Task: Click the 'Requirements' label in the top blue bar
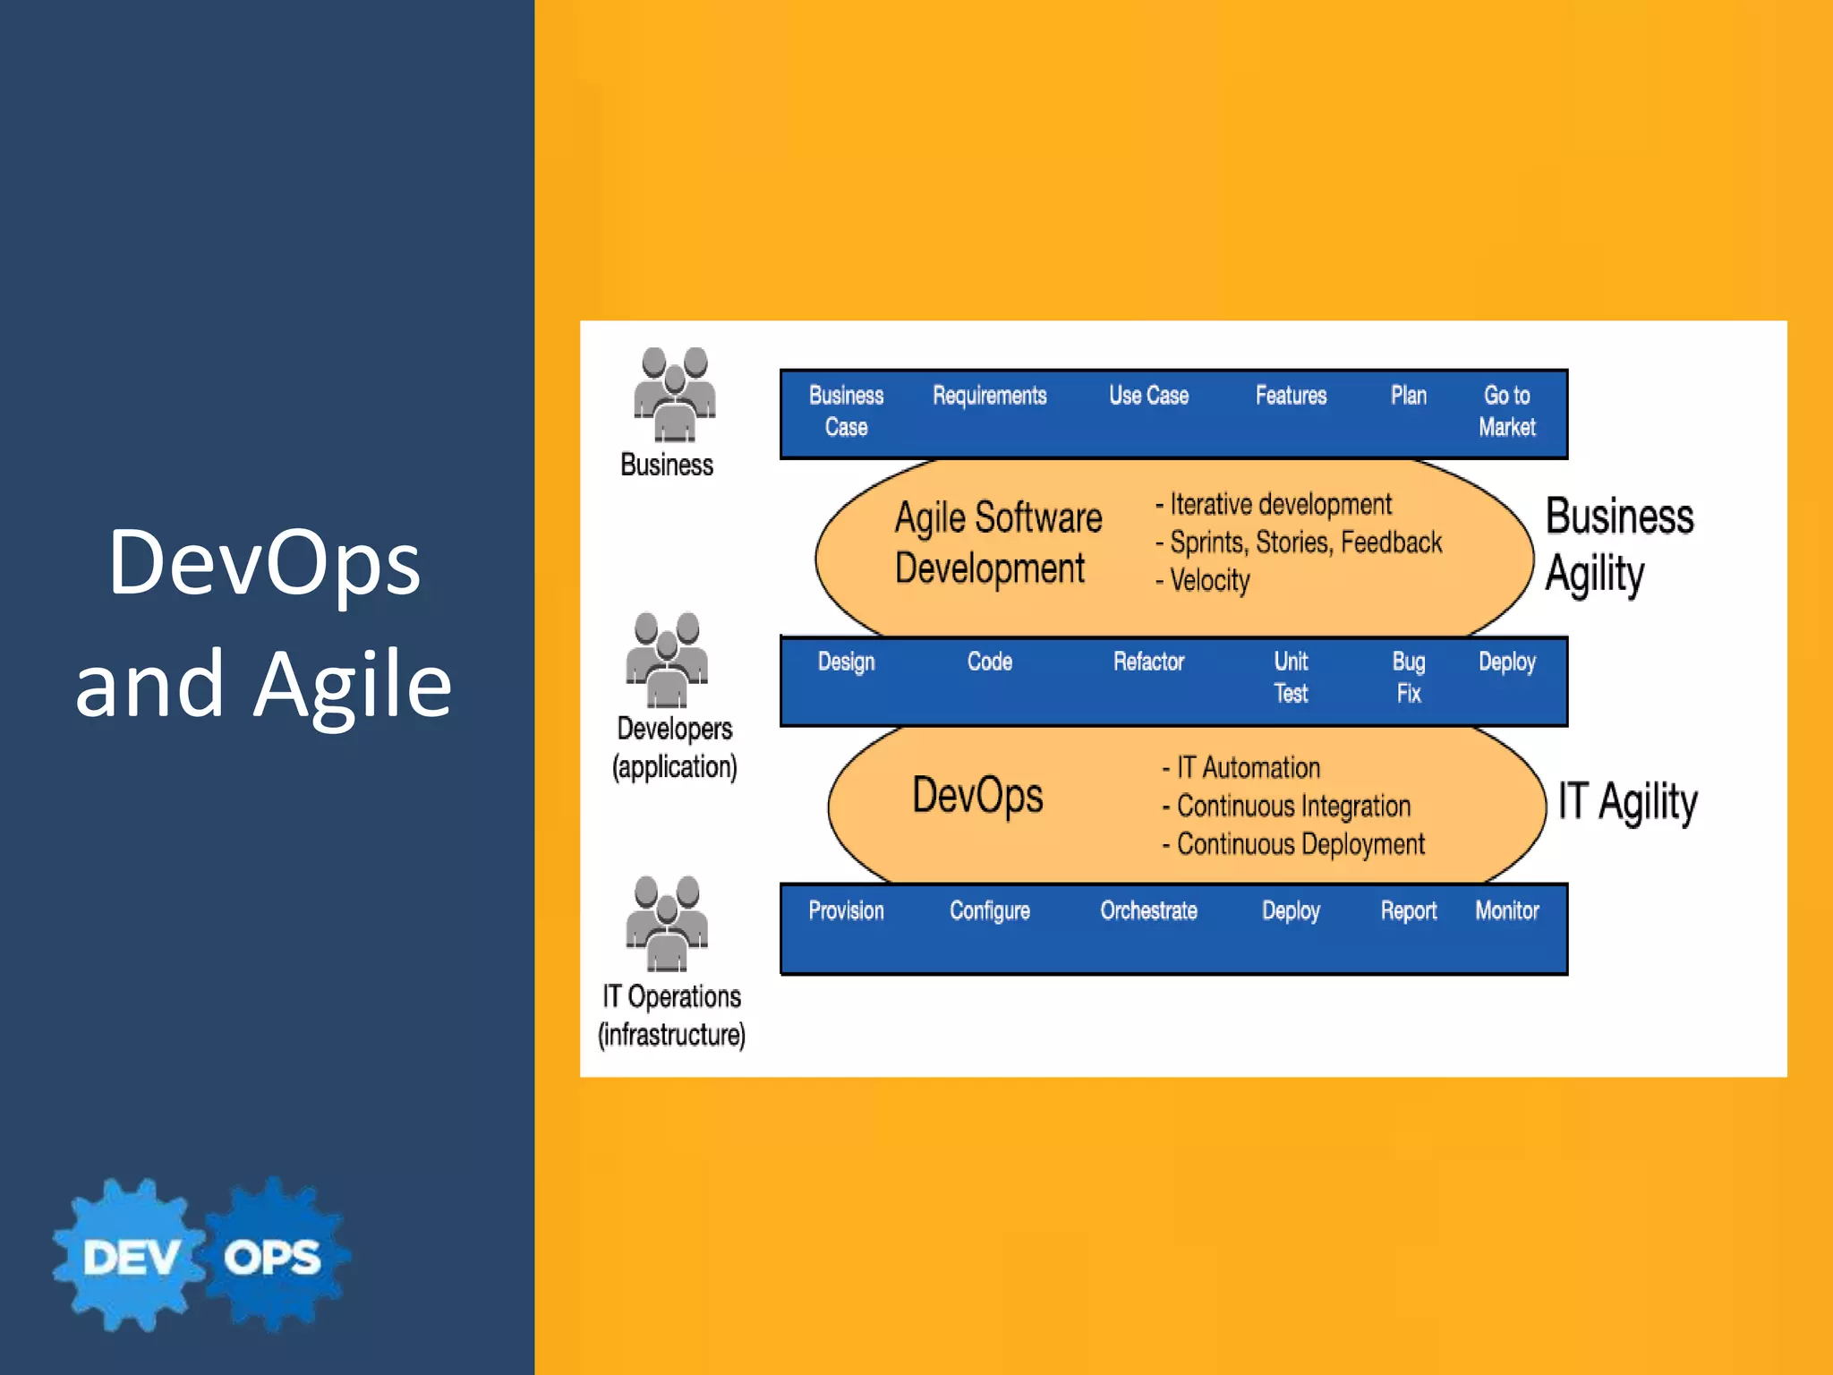pos(989,396)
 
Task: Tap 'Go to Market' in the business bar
pos(1506,411)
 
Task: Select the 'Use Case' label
pos(1148,396)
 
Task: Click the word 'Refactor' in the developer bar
pos(1148,662)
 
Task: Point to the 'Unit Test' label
pos(1291,677)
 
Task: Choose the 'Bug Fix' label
pos(1408,677)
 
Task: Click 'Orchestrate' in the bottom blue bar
pos(1148,910)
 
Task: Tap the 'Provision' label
pos(846,910)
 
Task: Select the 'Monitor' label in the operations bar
pos(1506,910)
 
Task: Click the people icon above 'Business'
pos(674,395)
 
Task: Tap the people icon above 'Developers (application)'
pos(667,660)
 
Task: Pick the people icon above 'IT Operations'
pos(667,923)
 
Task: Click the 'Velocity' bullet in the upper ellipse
pos(1208,580)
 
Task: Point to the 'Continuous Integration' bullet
pos(1292,806)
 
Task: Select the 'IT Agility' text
pos(1627,801)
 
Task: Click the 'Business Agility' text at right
pos(1618,544)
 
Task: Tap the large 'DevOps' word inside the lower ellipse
pos(977,796)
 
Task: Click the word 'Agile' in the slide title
pos(353,684)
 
